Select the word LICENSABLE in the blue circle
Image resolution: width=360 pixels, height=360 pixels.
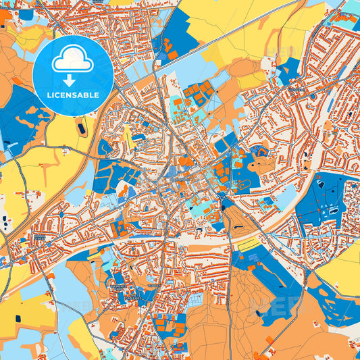tap(72, 95)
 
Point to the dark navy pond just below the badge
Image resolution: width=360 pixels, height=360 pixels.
tap(82, 128)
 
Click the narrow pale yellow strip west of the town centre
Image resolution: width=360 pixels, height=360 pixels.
tap(129, 138)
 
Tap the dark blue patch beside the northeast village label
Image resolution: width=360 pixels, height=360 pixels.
tap(289, 68)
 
